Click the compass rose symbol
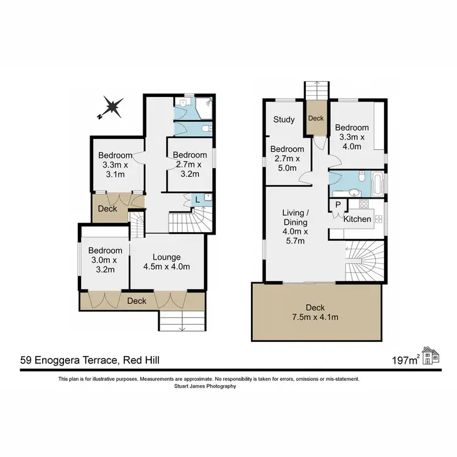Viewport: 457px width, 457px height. click(x=111, y=108)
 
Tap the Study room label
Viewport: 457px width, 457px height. click(x=284, y=119)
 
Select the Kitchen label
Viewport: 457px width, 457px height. click(x=357, y=219)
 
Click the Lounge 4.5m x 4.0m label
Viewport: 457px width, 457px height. click(x=168, y=261)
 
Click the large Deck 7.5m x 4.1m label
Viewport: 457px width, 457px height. click(x=316, y=312)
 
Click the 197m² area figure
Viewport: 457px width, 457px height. click(x=406, y=361)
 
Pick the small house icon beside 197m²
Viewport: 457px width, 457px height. click(x=431, y=356)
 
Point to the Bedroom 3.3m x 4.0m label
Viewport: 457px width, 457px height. click(x=352, y=137)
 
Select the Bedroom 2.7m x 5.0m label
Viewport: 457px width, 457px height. click(x=287, y=158)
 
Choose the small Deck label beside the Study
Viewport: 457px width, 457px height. click(x=316, y=119)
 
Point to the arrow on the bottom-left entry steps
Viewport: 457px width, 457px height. click(x=182, y=330)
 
